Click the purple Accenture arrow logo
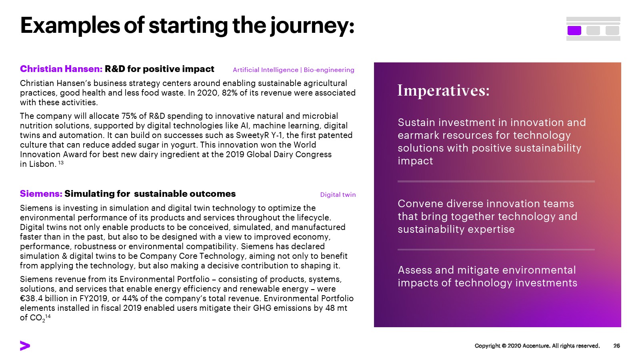pyautogui.click(x=25, y=346)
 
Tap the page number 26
pyautogui.click(x=616, y=346)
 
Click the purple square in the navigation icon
pyautogui.click(x=574, y=30)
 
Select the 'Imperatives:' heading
pyautogui.click(x=444, y=90)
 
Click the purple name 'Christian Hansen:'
pyautogui.click(x=61, y=69)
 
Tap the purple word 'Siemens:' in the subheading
pyautogui.click(x=41, y=194)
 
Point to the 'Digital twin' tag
pyautogui.click(x=338, y=194)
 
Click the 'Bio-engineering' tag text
pyautogui.click(x=329, y=70)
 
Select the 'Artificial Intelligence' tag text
pyautogui.click(x=266, y=70)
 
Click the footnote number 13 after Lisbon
pyautogui.click(x=61, y=162)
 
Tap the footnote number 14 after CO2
pyautogui.click(x=48, y=316)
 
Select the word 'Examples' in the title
pyautogui.click(x=70, y=26)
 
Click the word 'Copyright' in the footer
pyautogui.click(x=488, y=346)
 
